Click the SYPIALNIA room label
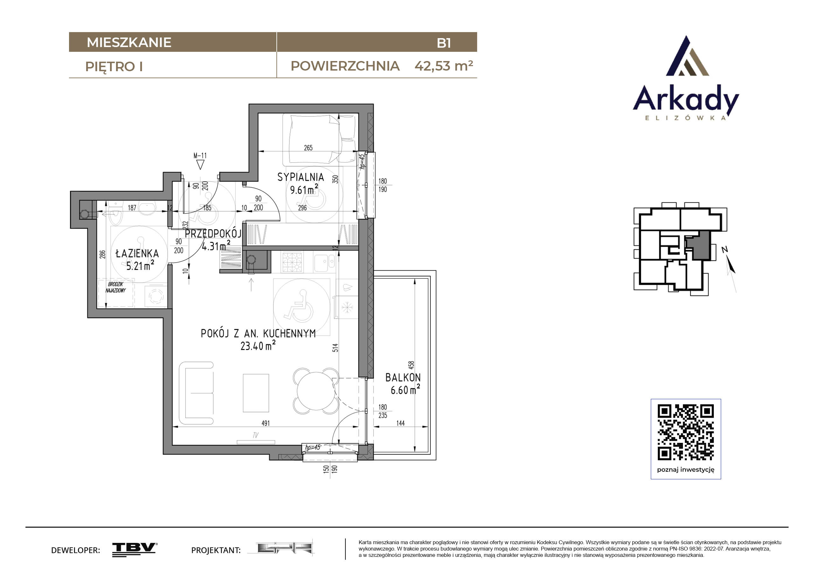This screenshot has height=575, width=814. pos(301,177)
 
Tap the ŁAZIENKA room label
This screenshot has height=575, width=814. pos(137,253)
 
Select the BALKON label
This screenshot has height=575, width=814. pos(403,378)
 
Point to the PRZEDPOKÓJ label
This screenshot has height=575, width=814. pos(213,234)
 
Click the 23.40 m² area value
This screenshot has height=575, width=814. pos(258,346)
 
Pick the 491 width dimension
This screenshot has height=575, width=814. pos(266,423)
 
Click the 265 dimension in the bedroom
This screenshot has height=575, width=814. pos(308,148)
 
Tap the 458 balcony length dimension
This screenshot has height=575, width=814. pos(411,365)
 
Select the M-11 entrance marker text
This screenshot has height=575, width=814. pos(200,155)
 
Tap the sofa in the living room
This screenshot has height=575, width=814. pos(196,393)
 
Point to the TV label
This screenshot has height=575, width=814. pos(256,435)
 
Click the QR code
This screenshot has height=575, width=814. pos(686,432)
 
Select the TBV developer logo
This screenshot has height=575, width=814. pos(135,550)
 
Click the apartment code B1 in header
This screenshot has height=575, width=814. pos(444,43)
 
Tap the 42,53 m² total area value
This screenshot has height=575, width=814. pos(444,65)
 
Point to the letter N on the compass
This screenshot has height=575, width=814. pos(725,250)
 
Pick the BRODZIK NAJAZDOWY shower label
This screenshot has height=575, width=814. pos(115,287)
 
